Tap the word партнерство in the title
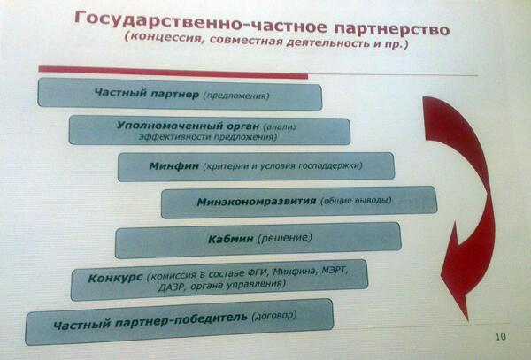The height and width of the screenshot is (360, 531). pos(392,29)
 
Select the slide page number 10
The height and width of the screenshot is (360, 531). pos(501,337)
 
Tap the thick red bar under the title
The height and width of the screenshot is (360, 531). pos(173,73)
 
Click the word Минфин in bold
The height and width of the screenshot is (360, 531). pos(174,166)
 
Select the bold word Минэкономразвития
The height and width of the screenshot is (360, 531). pos(257,202)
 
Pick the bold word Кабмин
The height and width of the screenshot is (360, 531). pos(231,239)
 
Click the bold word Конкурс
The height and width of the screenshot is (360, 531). pos(115,278)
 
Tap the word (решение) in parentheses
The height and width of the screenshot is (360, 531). pos(284,238)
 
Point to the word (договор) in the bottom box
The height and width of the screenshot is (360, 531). pos(274,316)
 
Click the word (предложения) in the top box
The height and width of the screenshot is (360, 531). pos(236,96)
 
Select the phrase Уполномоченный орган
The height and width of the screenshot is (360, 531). pos(188,126)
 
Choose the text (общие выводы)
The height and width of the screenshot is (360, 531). pos(356,201)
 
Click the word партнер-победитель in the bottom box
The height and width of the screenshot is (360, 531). pos(181,319)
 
